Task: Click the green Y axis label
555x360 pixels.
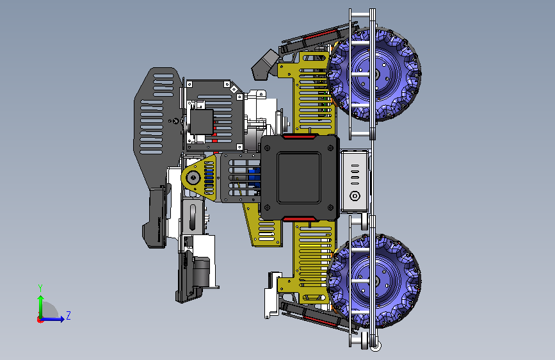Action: point(40,288)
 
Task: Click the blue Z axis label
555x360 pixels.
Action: point(68,315)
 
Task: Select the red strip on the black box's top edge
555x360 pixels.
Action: point(299,136)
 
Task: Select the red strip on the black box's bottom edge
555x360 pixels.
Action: point(299,219)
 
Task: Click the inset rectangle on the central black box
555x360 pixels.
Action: point(299,177)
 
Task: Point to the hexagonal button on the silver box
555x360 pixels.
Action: point(355,195)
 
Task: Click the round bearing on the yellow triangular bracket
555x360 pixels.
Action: point(193,177)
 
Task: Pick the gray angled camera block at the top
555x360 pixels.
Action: point(263,65)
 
